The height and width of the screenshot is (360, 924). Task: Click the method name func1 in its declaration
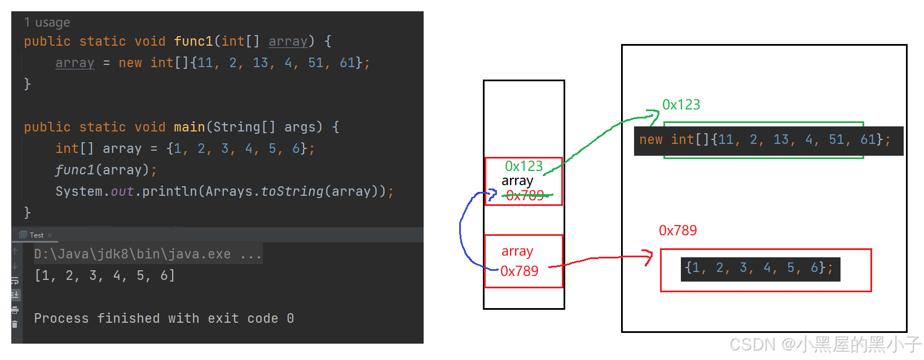(193, 41)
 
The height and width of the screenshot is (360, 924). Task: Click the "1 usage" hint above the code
(47, 23)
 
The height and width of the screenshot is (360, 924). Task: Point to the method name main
(189, 127)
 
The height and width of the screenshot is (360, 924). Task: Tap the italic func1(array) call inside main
(105, 170)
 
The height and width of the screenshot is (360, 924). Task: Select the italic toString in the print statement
(292, 191)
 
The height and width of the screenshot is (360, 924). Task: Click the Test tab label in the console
(36, 235)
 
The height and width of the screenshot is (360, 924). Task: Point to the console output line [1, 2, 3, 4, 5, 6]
(104, 275)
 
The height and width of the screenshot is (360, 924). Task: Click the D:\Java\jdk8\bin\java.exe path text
(132, 254)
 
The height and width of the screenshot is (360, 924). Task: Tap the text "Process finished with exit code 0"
(164, 318)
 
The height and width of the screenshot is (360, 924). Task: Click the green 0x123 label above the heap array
(681, 104)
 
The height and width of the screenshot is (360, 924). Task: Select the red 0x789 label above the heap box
(677, 230)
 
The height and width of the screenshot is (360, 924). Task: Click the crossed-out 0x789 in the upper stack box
(525, 195)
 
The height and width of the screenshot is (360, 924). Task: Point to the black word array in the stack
(517, 181)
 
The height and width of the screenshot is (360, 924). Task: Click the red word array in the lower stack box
(517, 251)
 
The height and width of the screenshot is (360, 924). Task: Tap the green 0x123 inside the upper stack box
(523, 166)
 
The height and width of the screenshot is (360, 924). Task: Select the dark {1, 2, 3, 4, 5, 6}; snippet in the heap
(760, 268)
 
